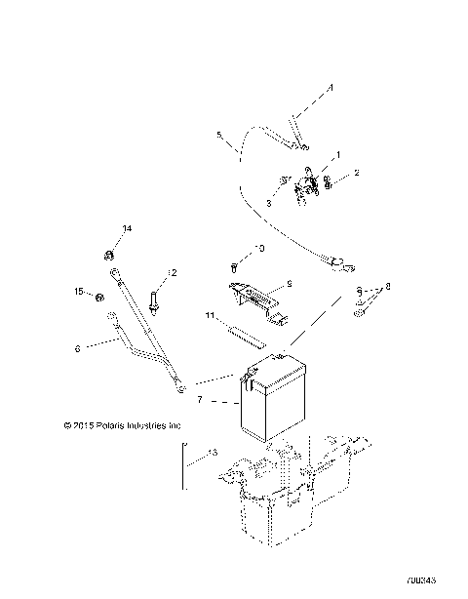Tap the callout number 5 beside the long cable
point(219,135)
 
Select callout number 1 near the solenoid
point(338,155)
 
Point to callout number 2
point(357,173)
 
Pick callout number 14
point(126,228)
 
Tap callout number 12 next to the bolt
point(173,272)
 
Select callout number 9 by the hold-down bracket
point(289,286)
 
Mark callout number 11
point(210,317)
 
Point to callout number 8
point(387,287)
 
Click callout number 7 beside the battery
point(201,401)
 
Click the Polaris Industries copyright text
point(108,425)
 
